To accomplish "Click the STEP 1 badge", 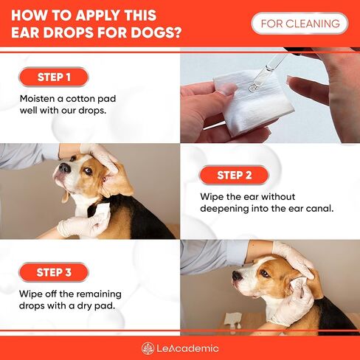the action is click(x=54, y=77).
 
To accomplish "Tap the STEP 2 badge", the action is click(x=234, y=175).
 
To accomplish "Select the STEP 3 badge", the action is click(x=54, y=272).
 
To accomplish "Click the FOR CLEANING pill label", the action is click(x=300, y=24).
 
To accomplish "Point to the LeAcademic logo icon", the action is click(x=148, y=348).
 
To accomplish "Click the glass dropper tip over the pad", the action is click(x=253, y=86).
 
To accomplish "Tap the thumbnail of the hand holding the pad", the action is click(x=226, y=89).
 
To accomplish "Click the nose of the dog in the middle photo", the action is click(x=65, y=168).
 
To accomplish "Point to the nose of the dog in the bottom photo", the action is click(x=238, y=276).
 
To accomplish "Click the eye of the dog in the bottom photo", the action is click(x=264, y=273).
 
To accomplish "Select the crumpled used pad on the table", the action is click(x=233, y=319).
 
